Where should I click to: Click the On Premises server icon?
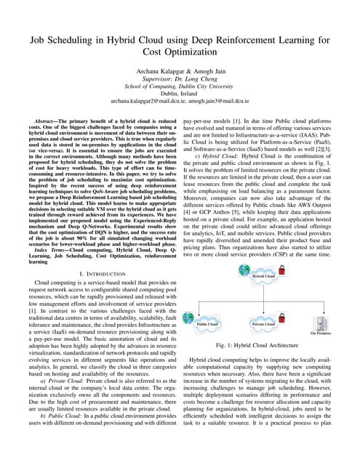[320, 323]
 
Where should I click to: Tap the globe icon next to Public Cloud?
[191, 318]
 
